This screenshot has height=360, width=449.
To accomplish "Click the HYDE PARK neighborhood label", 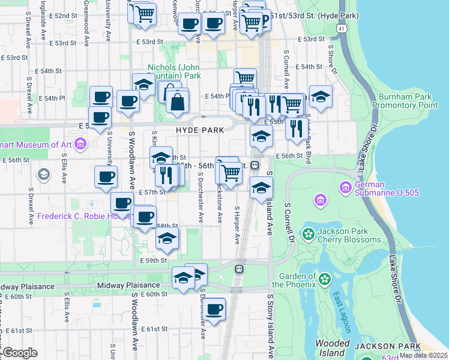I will coord(200,130).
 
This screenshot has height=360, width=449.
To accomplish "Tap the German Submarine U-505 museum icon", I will coord(346,188).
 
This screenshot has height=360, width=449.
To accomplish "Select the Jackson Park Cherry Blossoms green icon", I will coord(309,233).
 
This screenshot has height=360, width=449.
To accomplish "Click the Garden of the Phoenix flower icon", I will coord(325,279).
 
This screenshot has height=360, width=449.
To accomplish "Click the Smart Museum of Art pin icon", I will coord(82,144).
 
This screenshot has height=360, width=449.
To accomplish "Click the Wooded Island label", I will coord(332,348).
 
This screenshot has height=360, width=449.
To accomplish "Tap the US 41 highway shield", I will coord(341,28).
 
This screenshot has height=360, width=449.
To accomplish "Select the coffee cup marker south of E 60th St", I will coord(214,310).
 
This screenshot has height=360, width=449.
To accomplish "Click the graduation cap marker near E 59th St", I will coord(167,238).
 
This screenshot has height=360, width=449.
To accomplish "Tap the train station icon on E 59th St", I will coord(239,269).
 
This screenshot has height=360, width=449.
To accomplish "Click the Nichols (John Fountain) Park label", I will coord(175,72).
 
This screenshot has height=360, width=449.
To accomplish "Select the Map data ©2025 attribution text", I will coord(423,355).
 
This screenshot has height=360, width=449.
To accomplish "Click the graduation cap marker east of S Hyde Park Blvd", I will coord(321,97).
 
